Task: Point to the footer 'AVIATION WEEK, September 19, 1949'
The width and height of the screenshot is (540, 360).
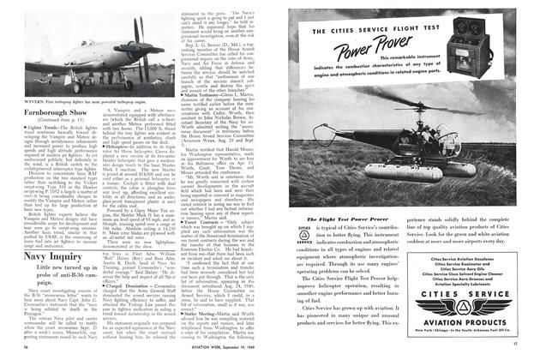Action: [212, 352]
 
